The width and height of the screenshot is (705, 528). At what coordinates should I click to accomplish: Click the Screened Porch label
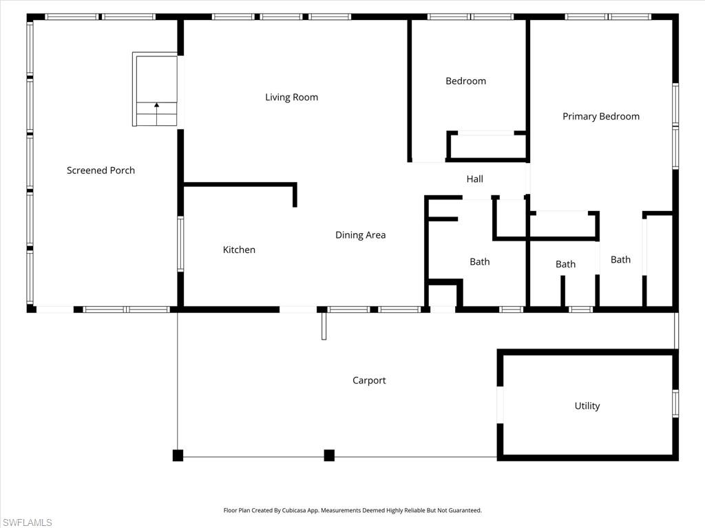tap(101, 170)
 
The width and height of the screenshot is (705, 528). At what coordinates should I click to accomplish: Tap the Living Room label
tap(291, 98)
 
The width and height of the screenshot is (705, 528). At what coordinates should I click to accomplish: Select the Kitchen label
tap(239, 250)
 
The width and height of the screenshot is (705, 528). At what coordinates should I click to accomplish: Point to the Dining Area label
tap(360, 235)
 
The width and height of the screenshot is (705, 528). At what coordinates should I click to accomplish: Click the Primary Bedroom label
tap(600, 117)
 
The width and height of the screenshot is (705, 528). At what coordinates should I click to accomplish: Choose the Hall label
tap(474, 179)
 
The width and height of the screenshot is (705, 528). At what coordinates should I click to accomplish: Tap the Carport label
tap(369, 381)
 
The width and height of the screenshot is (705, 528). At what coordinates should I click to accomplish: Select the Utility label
tap(587, 406)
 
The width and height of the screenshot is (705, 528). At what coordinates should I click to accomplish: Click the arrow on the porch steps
tap(156, 106)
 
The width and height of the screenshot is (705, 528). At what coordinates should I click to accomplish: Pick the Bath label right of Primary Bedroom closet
tap(620, 260)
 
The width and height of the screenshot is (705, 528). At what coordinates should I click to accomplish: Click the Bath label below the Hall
tap(479, 262)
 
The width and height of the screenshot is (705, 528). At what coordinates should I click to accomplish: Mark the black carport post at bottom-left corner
tap(178, 455)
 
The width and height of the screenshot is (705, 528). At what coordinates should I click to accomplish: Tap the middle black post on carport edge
tap(329, 455)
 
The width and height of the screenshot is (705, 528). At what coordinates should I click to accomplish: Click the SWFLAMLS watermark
tap(27, 522)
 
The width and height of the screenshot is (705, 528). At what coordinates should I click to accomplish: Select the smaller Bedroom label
tap(465, 81)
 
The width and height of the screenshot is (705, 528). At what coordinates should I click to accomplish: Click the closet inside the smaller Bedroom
tap(487, 146)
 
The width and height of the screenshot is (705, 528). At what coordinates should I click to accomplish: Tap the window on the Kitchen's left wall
tap(180, 244)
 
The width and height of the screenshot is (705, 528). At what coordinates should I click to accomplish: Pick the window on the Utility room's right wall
tap(675, 404)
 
